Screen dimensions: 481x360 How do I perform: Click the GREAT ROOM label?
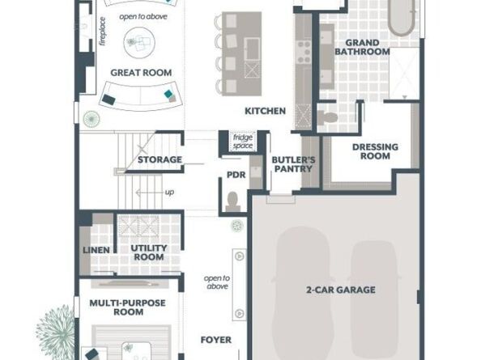tap(141, 73)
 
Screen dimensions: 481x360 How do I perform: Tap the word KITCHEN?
tap(265, 111)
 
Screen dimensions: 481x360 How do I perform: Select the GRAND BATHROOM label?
tap(362, 47)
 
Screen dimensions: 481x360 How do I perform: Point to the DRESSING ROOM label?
tap(375, 151)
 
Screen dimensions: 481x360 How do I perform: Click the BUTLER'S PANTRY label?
tap(293, 164)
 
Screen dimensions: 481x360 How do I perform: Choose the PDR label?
tap(236, 175)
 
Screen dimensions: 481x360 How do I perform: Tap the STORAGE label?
tap(160, 159)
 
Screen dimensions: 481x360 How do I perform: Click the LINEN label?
tap(96, 250)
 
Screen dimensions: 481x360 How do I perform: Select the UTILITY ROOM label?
tap(149, 252)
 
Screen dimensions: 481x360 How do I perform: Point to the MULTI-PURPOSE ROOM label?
tap(128, 307)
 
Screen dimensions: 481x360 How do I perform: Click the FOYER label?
tap(216, 340)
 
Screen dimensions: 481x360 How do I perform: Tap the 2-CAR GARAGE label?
tap(340, 290)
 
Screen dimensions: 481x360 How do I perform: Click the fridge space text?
tap(243, 142)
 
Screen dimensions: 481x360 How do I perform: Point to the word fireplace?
tap(102, 32)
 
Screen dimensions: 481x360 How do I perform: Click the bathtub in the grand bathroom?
tap(402, 18)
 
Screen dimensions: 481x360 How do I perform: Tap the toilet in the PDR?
tap(233, 201)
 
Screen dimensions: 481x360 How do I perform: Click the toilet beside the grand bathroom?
tap(327, 117)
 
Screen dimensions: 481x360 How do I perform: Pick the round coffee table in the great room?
tap(139, 42)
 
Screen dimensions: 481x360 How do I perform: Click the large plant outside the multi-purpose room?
tap(56, 332)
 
